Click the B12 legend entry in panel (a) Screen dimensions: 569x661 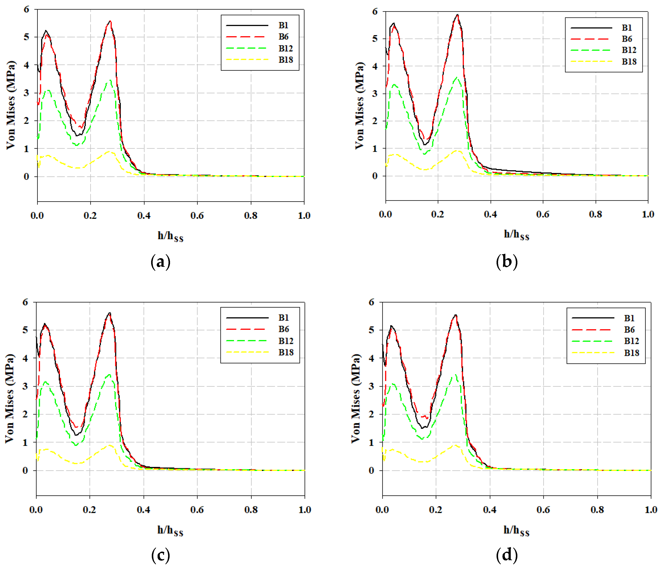(x=286, y=48)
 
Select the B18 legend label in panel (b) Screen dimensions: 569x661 (x=629, y=62)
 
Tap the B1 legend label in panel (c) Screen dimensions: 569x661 (x=283, y=317)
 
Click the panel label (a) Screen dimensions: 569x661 (x=160, y=262)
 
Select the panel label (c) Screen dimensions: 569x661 (x=160, y=555)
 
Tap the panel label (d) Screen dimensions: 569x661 (x=507, y=555)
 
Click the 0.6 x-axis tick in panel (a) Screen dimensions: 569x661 (x=197, y=216)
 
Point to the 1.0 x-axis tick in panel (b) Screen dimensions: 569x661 (x=648, y=214)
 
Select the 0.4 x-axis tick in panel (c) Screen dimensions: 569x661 (x=144, y=510)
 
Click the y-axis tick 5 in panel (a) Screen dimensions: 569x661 (x=26, y=37)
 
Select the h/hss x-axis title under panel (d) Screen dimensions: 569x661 (x=516, y=530)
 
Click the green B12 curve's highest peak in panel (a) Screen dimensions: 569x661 (x=110, y=80)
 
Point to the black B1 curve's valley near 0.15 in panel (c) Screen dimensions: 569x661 (x=76, y=435)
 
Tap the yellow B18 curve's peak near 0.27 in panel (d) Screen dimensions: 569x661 (x=455, y=445)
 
